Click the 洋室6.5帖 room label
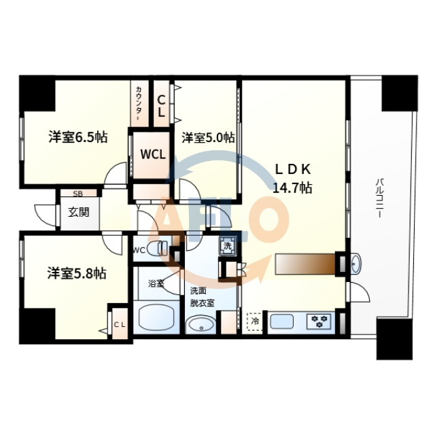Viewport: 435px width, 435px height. coord(78,137)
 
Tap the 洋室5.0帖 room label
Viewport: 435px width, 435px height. coord(208,137)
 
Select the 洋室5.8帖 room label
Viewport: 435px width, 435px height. coord(77,273)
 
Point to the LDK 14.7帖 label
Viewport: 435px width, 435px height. coord(293,178)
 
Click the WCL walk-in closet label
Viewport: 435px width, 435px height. coord(153,154)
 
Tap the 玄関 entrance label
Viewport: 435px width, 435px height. coord(79,212)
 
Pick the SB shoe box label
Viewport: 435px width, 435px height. coord(78,194)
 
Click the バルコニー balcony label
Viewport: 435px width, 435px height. coord(379,198)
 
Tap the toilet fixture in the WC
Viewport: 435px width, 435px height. coord(157,248)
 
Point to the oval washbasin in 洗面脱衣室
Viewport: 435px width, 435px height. coord(201,324)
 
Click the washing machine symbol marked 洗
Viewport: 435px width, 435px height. coord(228,246)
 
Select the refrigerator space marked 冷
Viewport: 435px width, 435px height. coord(254,321)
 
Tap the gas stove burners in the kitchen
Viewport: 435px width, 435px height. coord(319,321)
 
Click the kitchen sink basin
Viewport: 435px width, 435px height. coord(281,321)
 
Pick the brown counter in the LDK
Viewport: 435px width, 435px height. coord(305,264)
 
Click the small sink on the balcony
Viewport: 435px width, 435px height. coord(355,264)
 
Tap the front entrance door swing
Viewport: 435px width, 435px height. coord(46,215)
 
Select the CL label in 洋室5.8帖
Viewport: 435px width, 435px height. coord(120,325)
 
